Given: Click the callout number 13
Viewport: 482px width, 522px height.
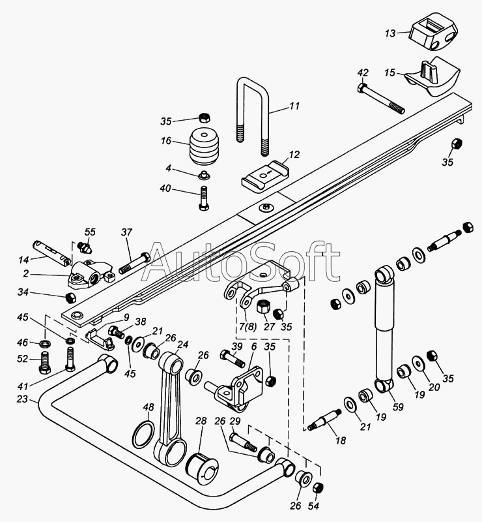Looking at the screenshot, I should (x=390, y=33).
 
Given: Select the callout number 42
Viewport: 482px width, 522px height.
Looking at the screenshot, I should (x=363, y=72).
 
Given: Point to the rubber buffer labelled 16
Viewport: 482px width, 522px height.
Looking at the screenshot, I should (x=205, y=151).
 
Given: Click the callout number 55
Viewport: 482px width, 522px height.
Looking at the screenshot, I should (x=90, y=232).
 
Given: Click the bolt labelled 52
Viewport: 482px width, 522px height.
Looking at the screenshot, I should (x=45, y=360).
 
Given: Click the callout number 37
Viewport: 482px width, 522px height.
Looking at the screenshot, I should (x=126, y=232).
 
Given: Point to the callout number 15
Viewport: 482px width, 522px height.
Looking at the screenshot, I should (x=390, y=72).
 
